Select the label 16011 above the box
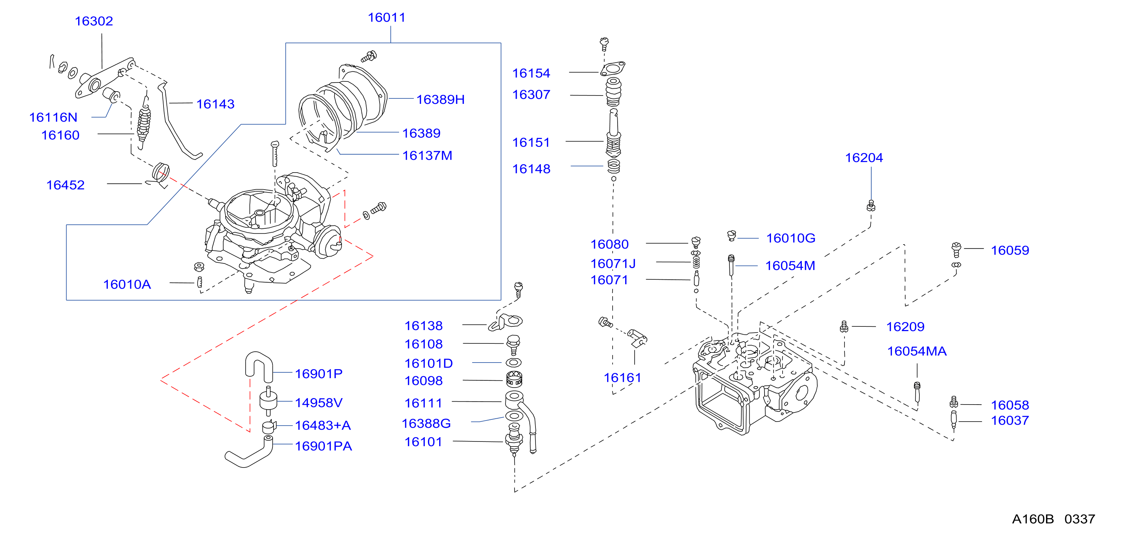(x=386, y=17)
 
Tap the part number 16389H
(x=440, y=100)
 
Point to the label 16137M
(x=427, y=156)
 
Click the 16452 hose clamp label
(x=65, y=185)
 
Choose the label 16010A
(x=127, y=284)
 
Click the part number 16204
(x=864, y=158)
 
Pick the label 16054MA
(x=916, y=351)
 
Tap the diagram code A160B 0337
(x=1054, y=519)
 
